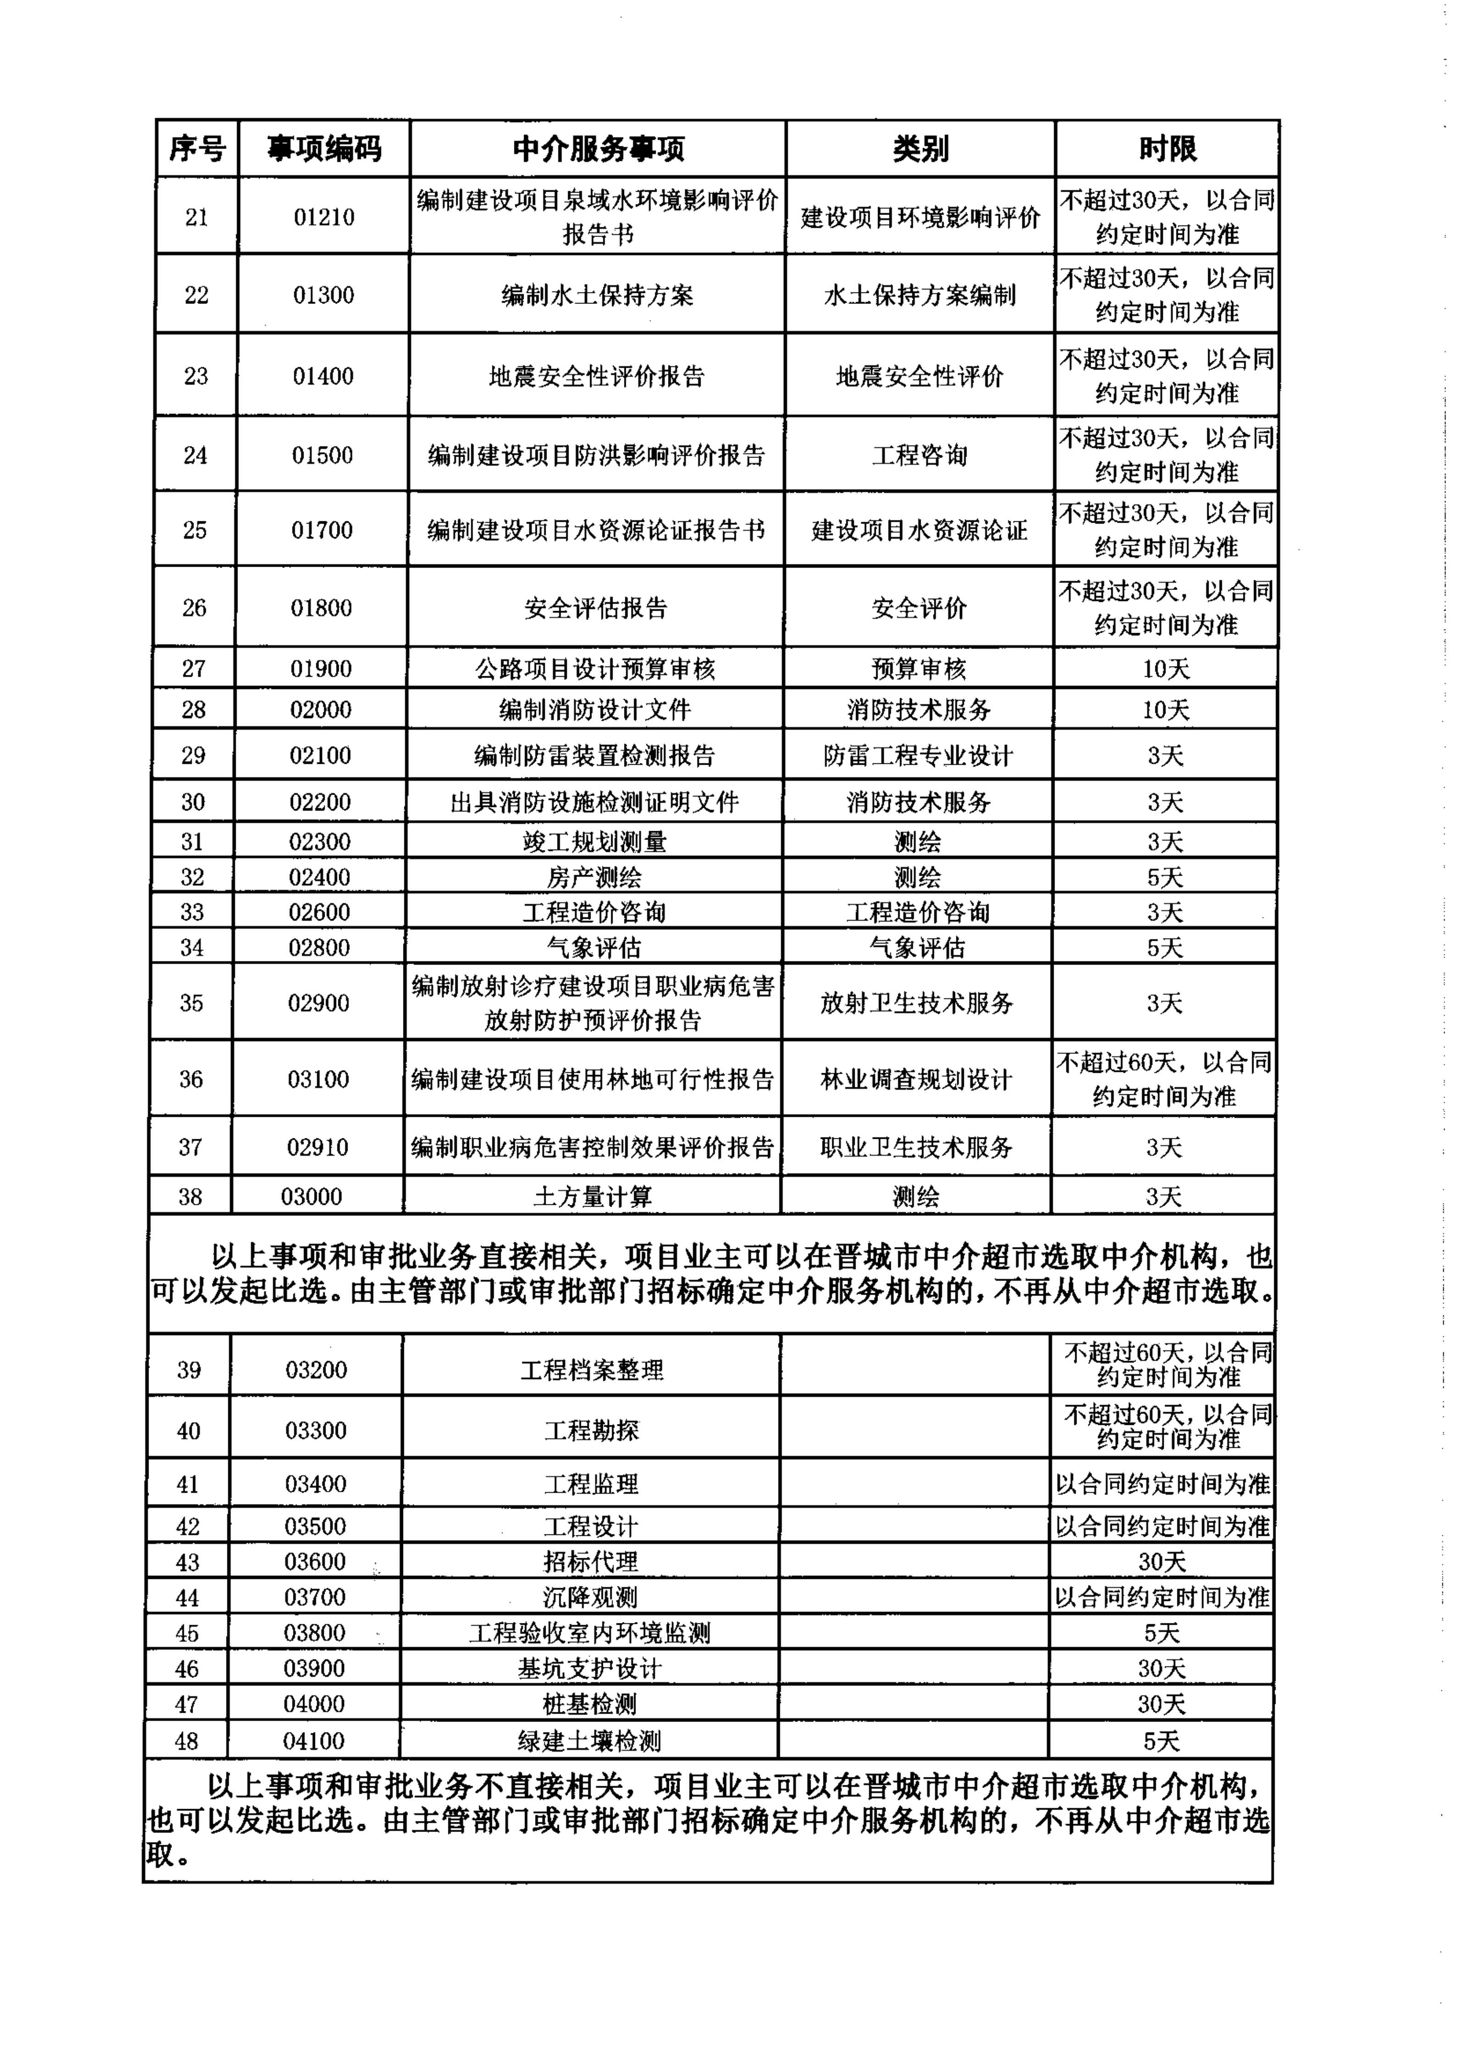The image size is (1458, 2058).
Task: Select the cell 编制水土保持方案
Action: [597, 295]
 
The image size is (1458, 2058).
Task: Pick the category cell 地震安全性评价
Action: [919, 376]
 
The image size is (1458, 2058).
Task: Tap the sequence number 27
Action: [194, 668]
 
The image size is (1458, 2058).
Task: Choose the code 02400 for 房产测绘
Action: [320, 877]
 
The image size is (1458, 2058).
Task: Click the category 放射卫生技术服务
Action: [917, 1004]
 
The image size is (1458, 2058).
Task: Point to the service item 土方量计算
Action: [592, 1197]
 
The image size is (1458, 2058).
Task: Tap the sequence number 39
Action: [188, 1369]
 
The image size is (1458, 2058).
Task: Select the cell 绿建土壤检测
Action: [589, 1741]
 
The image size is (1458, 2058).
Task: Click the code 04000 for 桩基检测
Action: [314, 1704]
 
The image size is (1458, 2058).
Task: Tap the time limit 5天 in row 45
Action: [1162, 1633]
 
